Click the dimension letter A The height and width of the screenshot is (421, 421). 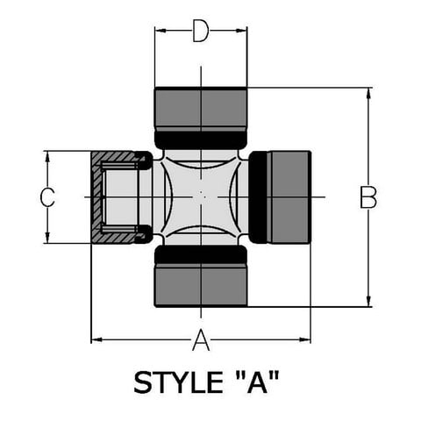pyautogui.click(x=201, y=339)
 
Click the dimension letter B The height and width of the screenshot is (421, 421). pyautogui.click(x=368, y=197)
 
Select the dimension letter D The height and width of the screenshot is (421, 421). pyautogui.click(x=201, y=31)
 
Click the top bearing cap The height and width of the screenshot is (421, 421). pyautogui.click(x=201, y=108)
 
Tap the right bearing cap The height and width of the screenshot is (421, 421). pyautogui.click(x=289, y=197)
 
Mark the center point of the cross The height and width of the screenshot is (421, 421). pyautogui.click(x=201, y=196)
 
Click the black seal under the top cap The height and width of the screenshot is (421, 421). pyautogui.click(x=201, y=139)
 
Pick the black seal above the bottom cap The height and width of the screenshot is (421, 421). pyautogui.click(x=201, y=254)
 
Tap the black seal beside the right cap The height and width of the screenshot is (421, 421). pyautogui.click(x=258, y=197)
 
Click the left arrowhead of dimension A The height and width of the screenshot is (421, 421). pyautogui.click(x=96, y=339)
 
